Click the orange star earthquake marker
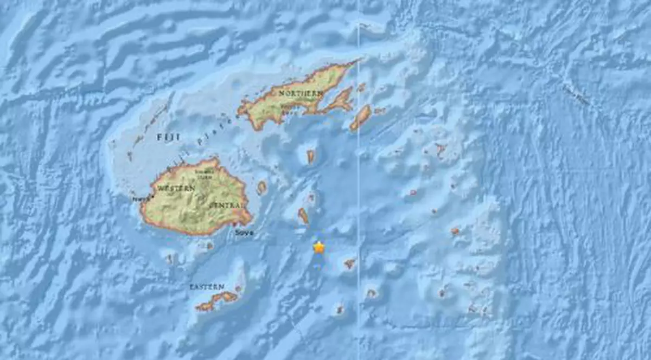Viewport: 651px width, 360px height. point(319,247)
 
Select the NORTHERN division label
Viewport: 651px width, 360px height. point(301,94)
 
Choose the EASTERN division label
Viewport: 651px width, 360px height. point(207,286)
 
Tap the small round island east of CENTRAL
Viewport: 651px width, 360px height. point(261,188)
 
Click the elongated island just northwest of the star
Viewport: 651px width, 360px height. point(303,216)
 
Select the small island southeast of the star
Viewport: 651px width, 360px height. point(349,263)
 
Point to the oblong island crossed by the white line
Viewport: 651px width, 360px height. point(360,118)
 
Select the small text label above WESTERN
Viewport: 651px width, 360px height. point(204,173)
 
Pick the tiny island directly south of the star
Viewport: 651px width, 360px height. point(340,310)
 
